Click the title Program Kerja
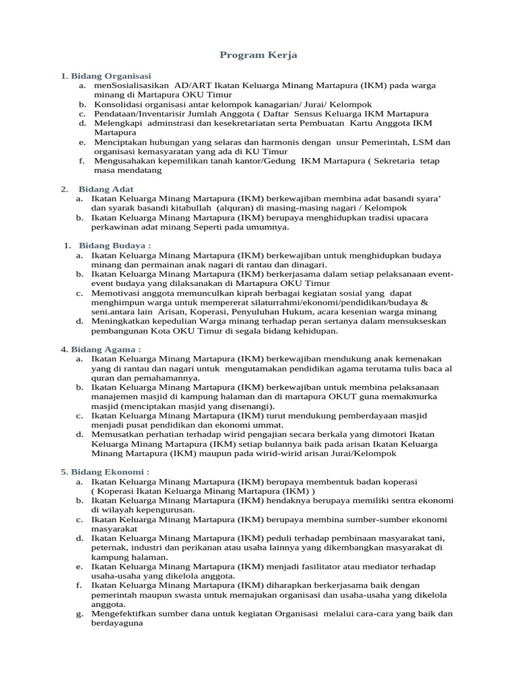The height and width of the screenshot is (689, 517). [x=258, y=55]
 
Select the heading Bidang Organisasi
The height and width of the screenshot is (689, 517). [x=111, y=75]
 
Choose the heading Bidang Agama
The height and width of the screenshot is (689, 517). [x=106, y=349]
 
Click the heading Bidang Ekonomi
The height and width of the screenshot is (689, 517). [x=110, y=472]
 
